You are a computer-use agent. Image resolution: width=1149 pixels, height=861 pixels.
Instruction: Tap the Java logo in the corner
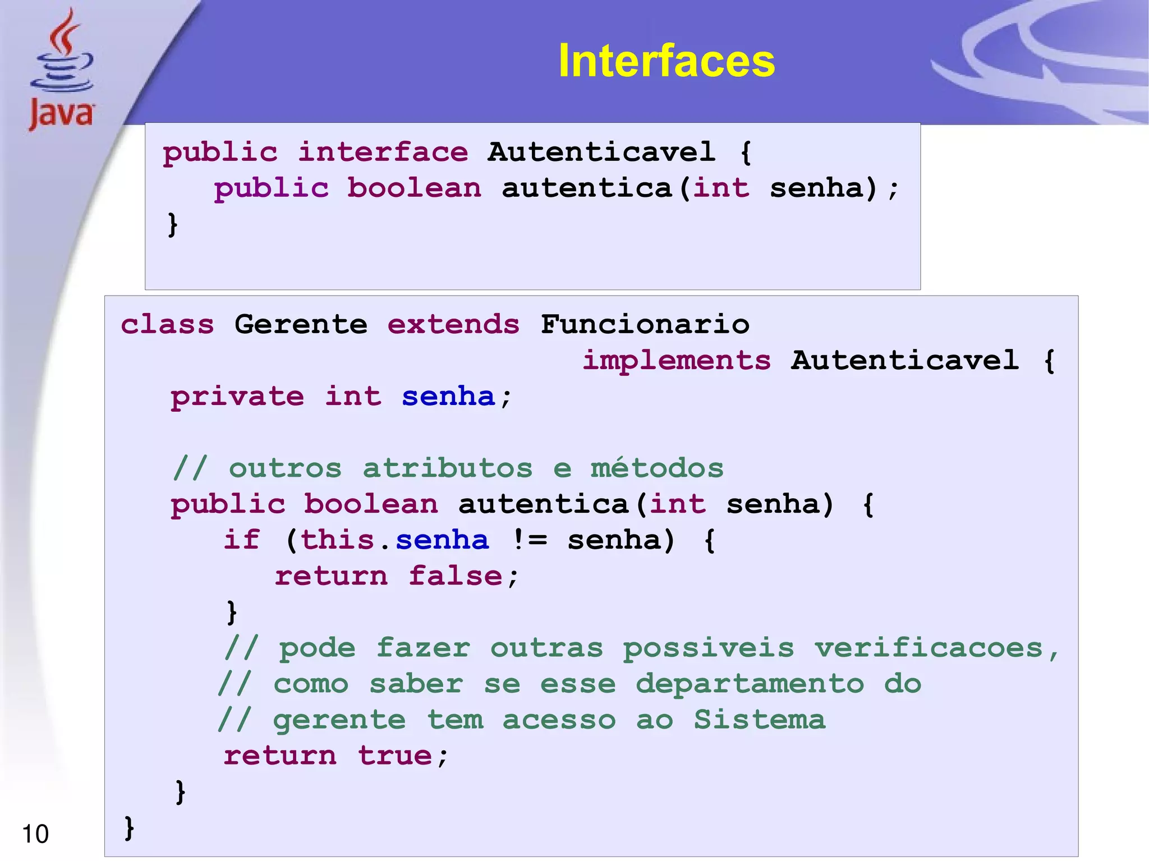pos(62,70)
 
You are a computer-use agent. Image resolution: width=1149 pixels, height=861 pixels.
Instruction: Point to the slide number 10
pos(35,834)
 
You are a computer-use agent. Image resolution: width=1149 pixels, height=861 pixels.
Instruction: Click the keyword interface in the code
pos(383,152)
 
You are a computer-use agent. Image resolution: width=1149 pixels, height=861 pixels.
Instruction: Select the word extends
pos(453,324)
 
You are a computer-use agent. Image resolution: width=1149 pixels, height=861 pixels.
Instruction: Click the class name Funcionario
pos(645,324)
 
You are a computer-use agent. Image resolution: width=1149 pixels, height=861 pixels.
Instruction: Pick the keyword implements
pos(677,360)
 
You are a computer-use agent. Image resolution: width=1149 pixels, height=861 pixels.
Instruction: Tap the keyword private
pos(237,397)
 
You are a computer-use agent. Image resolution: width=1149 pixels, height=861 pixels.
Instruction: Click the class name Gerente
pos(301,324)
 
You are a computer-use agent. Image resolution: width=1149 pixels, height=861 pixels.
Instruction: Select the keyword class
pos(167,324)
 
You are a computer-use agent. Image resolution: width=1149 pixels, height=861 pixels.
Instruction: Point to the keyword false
pos(455,576)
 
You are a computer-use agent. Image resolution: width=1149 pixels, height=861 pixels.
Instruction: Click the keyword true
pos(395,756)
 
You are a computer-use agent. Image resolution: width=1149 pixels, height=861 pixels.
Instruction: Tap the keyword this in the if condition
pos(338,540)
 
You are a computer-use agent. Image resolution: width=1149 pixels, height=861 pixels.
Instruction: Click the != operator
pos(529,540)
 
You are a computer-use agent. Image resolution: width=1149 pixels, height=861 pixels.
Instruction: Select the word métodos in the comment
pos(657,468)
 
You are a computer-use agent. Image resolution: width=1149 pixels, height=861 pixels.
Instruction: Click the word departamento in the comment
pos(750,684)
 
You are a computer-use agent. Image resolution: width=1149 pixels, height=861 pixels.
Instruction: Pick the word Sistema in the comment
pos(760,720)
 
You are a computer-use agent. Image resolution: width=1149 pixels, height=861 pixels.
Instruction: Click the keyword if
pos(242,540)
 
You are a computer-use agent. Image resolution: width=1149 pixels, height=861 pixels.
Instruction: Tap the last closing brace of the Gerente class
pos(129,827)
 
